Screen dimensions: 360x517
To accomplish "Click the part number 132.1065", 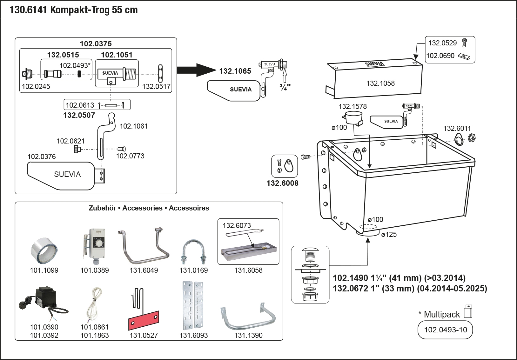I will click(235, 71).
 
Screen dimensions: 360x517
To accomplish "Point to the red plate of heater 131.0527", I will click(144, 320).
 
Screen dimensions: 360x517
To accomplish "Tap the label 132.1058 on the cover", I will click(380, 83).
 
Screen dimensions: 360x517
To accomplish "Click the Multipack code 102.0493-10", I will click(445, 330).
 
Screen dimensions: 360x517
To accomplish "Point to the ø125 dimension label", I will click(389, 235).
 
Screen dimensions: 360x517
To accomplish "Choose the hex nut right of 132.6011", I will click(472, 138).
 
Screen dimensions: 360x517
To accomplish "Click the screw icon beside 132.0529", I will click(464, 42).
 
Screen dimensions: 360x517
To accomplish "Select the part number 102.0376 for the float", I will click(42, 157).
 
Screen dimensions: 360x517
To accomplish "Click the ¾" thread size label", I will click(285, 87).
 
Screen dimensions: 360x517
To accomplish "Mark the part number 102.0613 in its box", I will click(80, 105).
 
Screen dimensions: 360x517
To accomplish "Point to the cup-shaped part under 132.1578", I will click(353, 118).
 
